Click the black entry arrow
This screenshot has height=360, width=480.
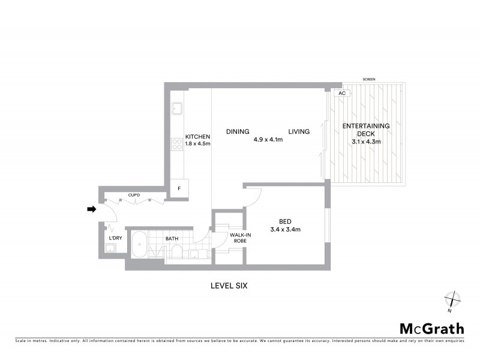91,209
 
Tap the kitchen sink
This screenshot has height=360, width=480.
178,109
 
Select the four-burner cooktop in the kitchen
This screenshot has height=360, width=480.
178,144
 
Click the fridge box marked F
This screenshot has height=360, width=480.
178,188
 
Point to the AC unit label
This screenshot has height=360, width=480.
342,94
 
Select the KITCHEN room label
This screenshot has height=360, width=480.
197,136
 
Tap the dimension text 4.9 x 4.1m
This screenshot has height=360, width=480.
268,139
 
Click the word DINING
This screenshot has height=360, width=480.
237,131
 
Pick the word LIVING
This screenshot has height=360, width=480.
298,131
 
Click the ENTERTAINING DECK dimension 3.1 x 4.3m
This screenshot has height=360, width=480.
366,142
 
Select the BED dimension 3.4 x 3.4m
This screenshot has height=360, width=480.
285,229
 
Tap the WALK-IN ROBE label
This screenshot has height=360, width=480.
231,238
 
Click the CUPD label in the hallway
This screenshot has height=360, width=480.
134,195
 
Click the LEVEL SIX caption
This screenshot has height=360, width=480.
226,286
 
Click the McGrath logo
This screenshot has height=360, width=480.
432,328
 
